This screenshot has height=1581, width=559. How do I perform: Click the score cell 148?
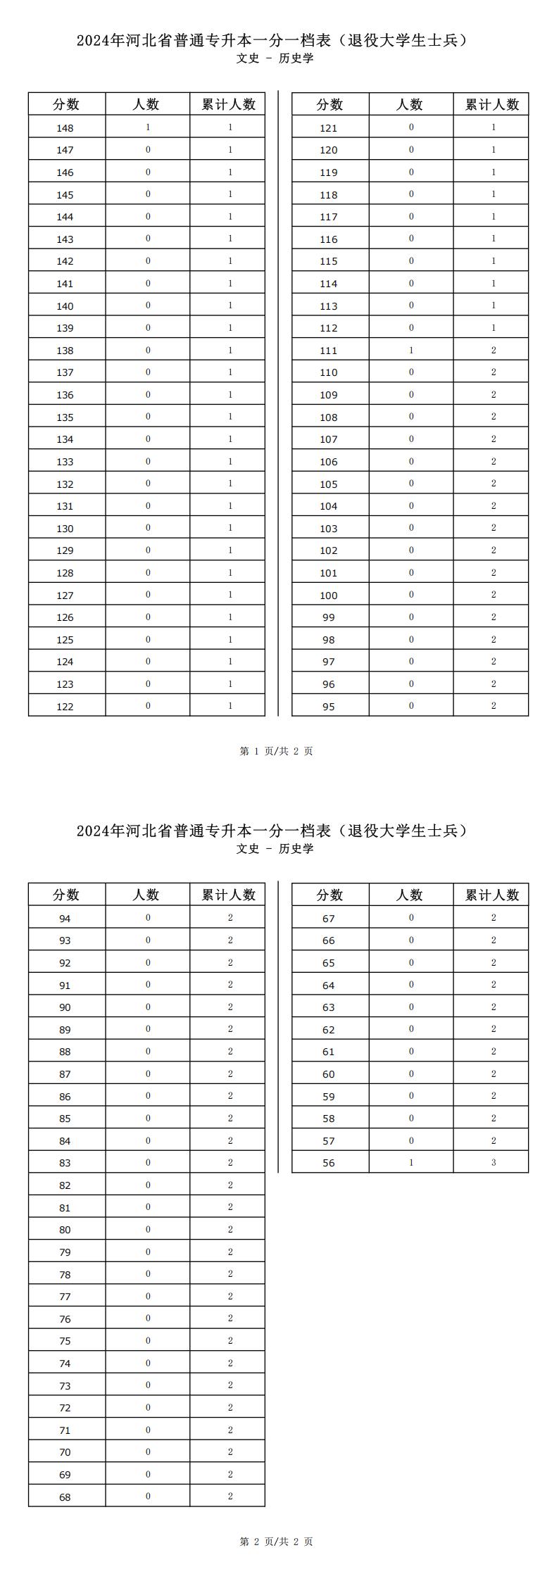click(x=65, y=128)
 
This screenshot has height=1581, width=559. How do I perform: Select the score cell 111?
click(x=329, y=351)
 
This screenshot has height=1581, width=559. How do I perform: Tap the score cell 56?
click(x=329, y=1163)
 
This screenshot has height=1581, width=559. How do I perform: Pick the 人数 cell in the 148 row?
click(x=148, y=128)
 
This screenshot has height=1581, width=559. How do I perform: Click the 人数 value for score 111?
click(x=411, y=351)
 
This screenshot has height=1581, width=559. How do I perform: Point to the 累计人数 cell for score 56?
click(x=494, y=1163)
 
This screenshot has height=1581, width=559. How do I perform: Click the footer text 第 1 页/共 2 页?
click(x=277, y=751)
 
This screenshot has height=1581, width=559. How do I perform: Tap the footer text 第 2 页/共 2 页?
click(x=277, y=1542)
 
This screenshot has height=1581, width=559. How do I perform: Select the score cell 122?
click(x=65, y=707)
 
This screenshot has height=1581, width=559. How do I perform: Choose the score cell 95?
click(x=329, y=707)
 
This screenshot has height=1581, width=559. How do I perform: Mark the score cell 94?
click(x=65, y=919)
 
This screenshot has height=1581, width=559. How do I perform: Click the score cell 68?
click(x=65, y=1497)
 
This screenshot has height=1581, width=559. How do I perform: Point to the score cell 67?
click(x=329, y=919)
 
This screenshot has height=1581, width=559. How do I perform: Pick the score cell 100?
click(x=329, y=596)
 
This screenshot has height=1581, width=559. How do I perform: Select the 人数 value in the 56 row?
click(x=411, y=1163)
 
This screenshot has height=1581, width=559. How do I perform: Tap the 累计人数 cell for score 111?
click(x=494, y=351)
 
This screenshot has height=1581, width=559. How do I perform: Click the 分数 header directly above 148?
click(x=66, y=105)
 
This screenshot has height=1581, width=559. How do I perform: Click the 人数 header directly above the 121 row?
click(x=410, y=105)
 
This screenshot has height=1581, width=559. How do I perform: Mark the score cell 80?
click(x=65, y=1230)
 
